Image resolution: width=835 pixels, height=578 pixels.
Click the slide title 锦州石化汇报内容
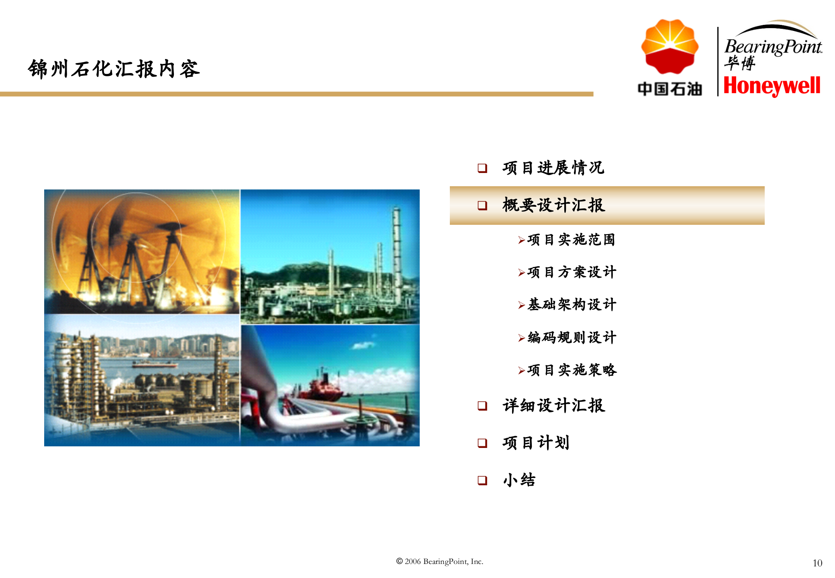(x=114, y=69)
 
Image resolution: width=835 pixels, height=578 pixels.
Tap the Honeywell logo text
(x=772, y=86)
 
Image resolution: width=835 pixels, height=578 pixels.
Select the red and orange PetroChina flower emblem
(x=670, y=47)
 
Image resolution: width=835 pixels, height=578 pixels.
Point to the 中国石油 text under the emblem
(x=670, y=89)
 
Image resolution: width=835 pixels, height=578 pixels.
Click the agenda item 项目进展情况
(x=553, y=168)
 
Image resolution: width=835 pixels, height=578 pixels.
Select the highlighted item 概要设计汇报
(x=553, y=205)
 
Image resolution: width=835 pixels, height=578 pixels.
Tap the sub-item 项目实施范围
(x=571, y=240)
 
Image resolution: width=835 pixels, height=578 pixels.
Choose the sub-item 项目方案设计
(x=572, y=272)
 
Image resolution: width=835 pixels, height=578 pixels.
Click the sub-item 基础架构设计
(x=572, y=305)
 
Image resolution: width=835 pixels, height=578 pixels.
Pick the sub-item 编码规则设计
(x=572, y=337)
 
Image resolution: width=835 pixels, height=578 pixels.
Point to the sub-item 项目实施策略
(x=572, y=370)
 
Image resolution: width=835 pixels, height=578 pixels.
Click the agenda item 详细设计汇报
(x=553, y=405)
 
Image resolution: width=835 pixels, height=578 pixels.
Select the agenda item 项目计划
(x=536, y=443)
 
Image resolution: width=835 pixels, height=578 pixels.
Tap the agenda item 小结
(x=519, y=480)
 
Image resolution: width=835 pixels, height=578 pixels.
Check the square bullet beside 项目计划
(x=482, y=443)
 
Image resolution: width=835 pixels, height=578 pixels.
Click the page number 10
(x=817, y=563)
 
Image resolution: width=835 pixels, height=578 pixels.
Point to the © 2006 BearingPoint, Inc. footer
(x=439, y=562)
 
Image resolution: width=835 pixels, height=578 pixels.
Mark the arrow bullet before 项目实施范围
(x=521, y=240)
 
